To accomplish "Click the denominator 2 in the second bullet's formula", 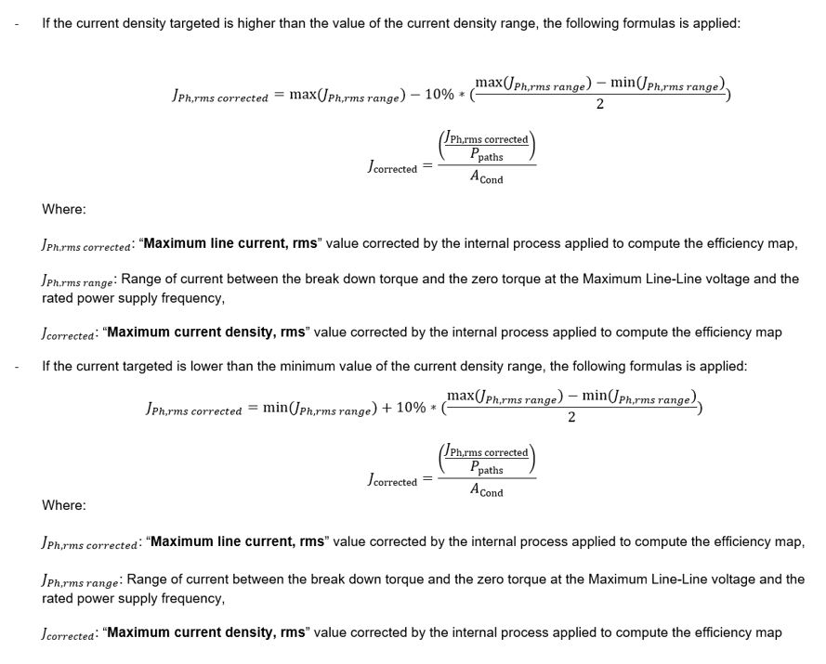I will click(x=571, y=418).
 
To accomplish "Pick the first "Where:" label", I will click(x=63, y=209).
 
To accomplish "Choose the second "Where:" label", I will click(x=63, y=505).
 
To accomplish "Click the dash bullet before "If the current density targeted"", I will click(x=16, y=22).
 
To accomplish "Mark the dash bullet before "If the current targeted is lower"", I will click(x=16, y=366).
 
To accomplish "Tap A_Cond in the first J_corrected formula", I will click(x=486, y=178).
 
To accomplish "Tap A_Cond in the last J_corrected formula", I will click(x=486, y=491).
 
